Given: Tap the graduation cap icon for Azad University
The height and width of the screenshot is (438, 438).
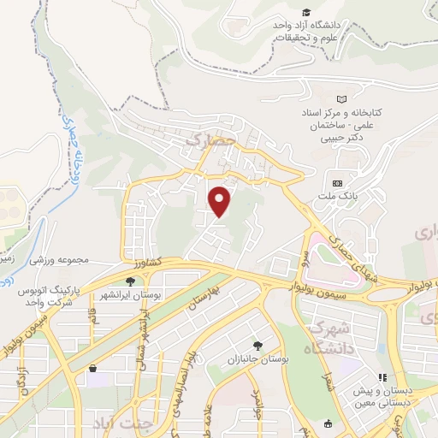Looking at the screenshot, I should [x=306, y=12].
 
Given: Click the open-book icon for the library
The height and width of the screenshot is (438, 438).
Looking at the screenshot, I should [x=343, y=100].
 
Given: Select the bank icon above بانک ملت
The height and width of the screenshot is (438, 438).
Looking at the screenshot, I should [x=336, y=183].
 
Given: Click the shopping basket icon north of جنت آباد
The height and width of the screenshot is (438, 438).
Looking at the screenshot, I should [x=92, y=369].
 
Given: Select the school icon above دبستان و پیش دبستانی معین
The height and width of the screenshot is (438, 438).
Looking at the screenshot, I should [x=384, y=376].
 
